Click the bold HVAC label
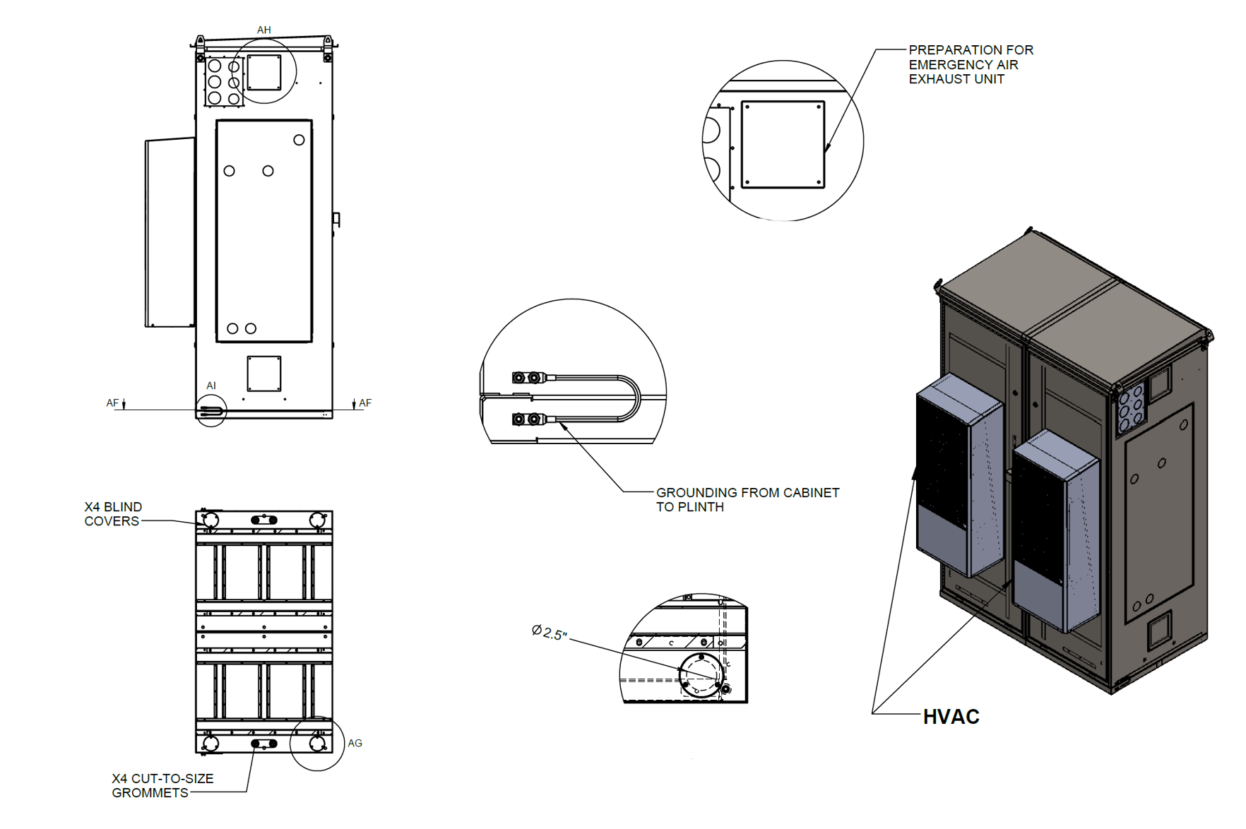click(951, 717)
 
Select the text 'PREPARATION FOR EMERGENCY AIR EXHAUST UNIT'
click(970, 64)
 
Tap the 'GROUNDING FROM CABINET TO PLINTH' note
click(747, 499)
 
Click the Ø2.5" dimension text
click(550, 632)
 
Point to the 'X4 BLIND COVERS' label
click(113, 514)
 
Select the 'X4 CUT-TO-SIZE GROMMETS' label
click(162, 785)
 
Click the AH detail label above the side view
click(263, 30)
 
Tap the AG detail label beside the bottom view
click(355, 743)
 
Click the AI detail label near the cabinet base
click(211, 386)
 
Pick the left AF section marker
click(113, 403)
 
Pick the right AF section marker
click(364, 403)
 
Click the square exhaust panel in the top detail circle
click(783, 145)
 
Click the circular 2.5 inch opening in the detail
click(701, 676)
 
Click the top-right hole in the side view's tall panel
click(299, 140)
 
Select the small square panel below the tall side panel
click(264, 374)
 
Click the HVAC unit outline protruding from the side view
click(170, 232)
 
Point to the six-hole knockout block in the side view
click(224, 82)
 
